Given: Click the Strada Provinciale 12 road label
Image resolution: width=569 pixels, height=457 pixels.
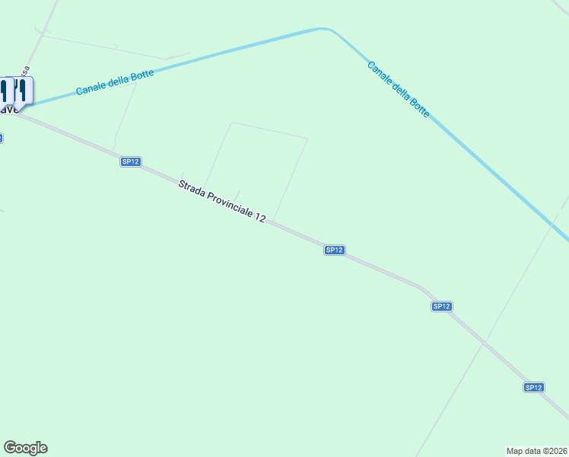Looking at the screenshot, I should click(x=222, y=201).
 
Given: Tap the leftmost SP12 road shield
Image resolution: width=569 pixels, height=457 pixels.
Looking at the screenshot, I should click(x=130, y=161).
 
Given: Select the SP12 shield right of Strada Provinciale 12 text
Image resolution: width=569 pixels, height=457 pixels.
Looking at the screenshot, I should click(x=335, y=250).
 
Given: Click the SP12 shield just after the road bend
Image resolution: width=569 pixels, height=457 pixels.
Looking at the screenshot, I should click(x=441, y=306).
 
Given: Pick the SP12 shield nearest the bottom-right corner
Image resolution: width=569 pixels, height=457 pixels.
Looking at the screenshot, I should click(x=533, y=388).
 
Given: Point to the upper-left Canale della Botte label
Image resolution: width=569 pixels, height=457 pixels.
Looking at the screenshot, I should click(x=115, y=83).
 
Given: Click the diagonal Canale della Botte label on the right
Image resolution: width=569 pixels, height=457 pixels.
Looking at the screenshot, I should click(x=398, y=89).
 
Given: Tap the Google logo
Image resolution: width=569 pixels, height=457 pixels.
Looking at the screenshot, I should click(x=25, y=448).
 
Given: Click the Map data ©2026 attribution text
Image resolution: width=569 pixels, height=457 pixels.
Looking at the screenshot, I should click(x=536, y=451).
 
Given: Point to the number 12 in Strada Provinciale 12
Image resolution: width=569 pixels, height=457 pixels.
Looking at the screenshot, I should click(x=260, y=218).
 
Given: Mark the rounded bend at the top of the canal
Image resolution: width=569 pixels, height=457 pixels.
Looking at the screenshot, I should click(x=326, y=30).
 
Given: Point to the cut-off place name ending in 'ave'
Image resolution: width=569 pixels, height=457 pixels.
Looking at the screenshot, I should click(x=8, y=110).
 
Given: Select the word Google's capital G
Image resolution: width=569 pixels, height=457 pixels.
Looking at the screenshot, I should click(x=9, y=447).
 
